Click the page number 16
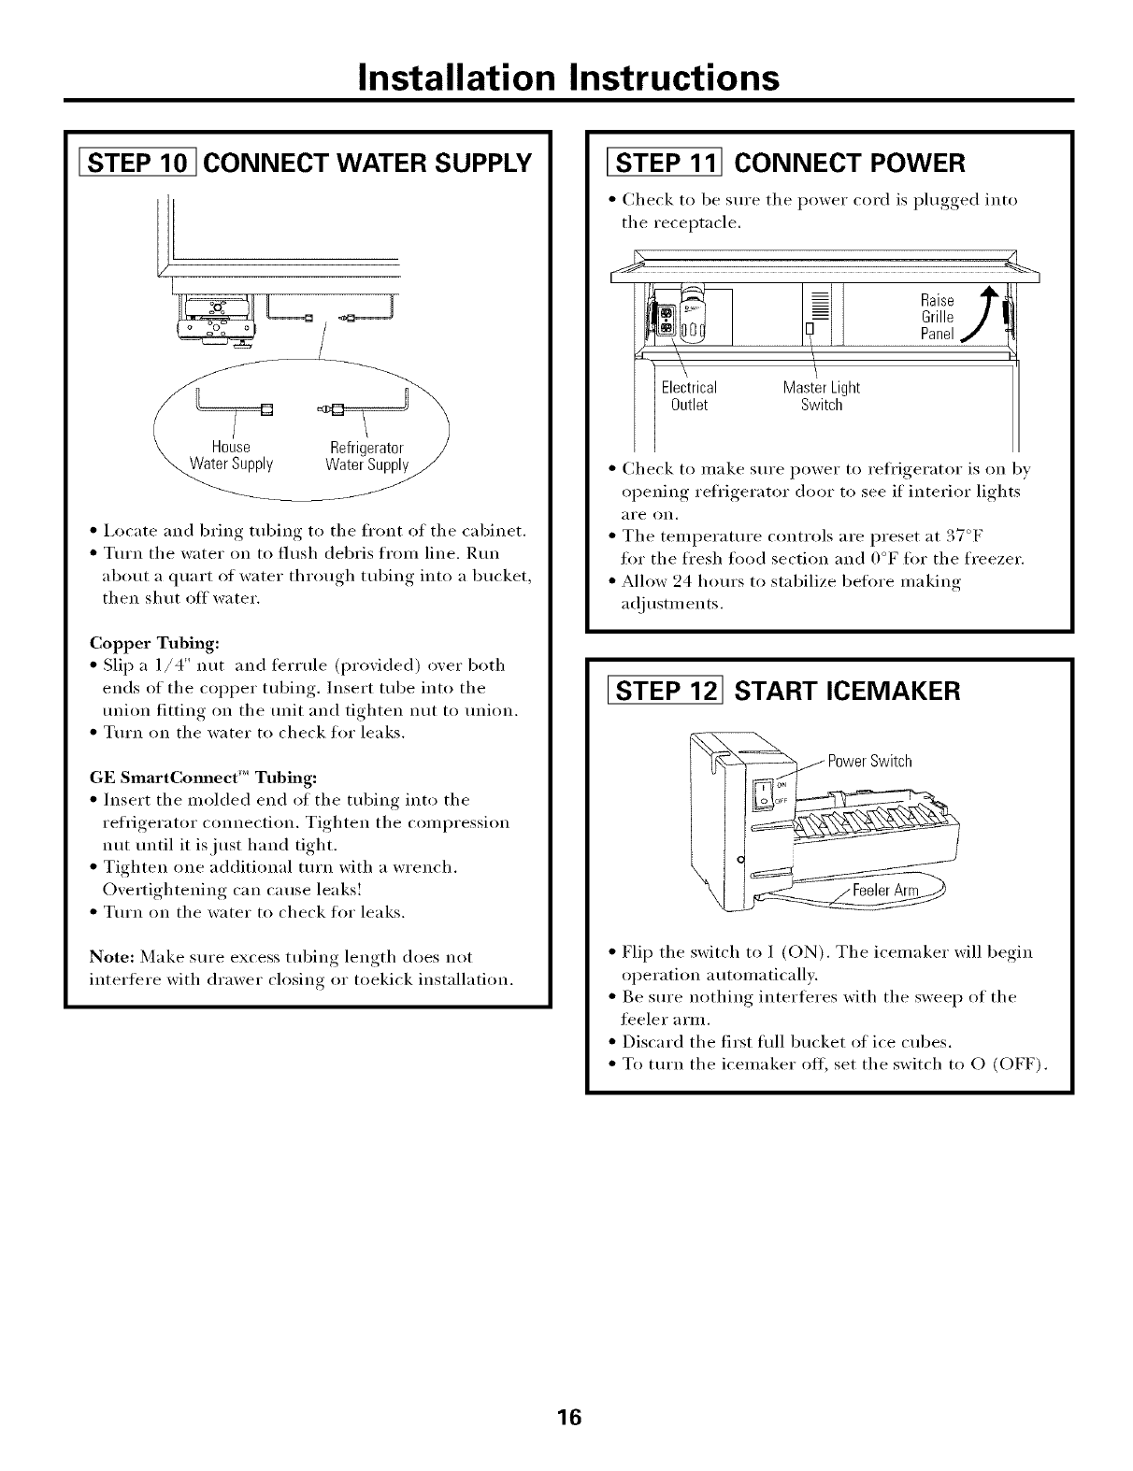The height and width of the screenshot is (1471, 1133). tap(567, 1418)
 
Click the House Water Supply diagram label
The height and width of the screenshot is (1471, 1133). tap(231, 456)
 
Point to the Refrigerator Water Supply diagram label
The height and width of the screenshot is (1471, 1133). tap(367, 456)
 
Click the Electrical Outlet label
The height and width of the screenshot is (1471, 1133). tap(688, 396)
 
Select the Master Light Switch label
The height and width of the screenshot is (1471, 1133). tap(821, 396)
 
